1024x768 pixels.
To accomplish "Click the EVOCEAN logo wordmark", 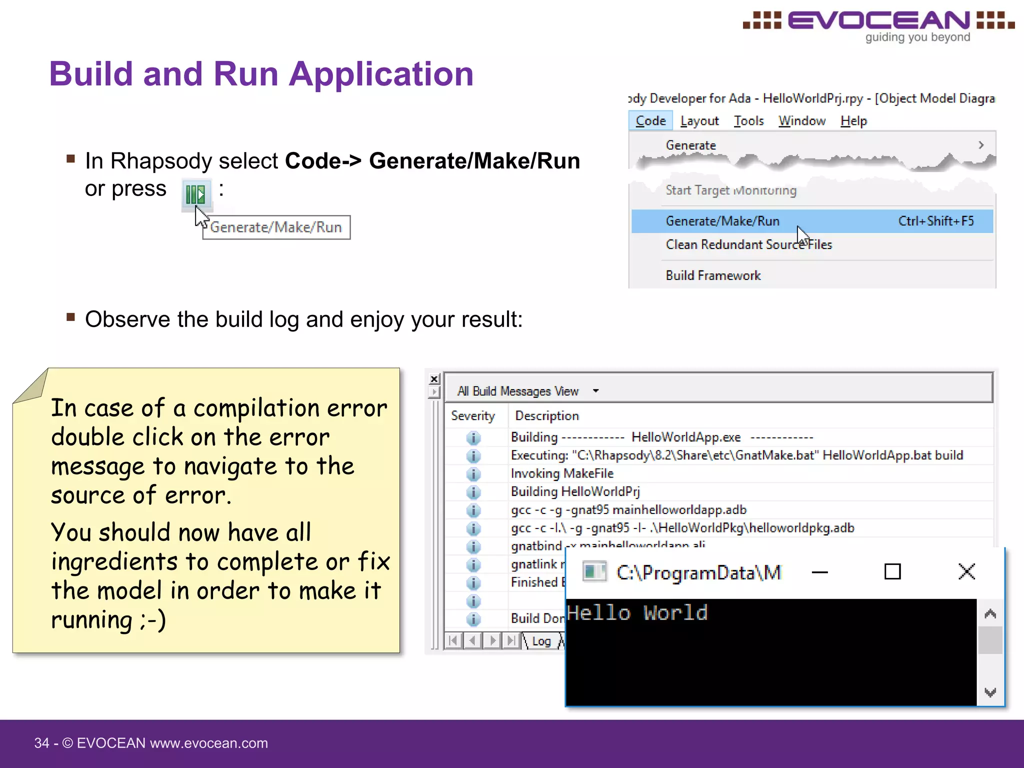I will click(878, 21).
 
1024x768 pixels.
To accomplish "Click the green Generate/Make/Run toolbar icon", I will click(195, 193).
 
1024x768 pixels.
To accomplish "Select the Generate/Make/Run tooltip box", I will click(276, 227).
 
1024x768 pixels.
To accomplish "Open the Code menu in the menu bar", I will click(650, 121).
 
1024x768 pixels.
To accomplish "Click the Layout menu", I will click(699, 121).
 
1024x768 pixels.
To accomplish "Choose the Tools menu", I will click(748, 121).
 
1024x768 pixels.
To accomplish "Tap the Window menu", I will click(802, 121).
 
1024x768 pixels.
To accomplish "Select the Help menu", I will click(853, 121).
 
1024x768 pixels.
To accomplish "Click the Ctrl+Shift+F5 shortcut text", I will click(936, 221).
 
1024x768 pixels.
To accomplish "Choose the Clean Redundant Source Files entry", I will click(748, 244).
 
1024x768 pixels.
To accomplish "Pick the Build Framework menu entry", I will click(713, 275).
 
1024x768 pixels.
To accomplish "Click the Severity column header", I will click(473, 416).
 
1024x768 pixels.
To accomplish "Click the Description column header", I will click(547, 416).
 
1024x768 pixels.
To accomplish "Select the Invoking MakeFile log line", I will click(562, 473).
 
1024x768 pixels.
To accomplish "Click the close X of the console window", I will click(966, 571).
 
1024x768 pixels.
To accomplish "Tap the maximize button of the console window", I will click(892, 571).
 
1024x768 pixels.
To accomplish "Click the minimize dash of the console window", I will click(820, 572).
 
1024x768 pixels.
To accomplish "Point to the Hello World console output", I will click(637, 613).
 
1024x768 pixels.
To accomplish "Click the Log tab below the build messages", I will click(541, 641).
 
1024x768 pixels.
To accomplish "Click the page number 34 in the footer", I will click(41, 743).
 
